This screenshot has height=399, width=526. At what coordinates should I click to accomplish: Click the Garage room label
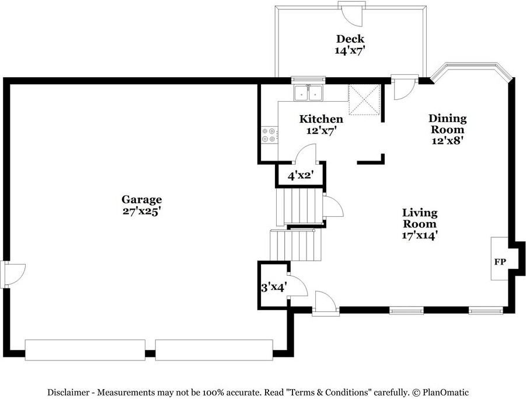[141, 200]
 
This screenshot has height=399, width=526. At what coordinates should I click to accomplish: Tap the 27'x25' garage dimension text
[141, 211]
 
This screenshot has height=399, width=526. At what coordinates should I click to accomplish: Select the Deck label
[350, 39]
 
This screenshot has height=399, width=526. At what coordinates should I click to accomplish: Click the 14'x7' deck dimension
[350, 51]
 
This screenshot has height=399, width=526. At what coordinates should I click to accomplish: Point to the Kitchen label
[321, 119]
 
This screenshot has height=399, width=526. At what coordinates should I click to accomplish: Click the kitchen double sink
[309, 93]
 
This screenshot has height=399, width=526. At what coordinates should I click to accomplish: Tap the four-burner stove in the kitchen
[269, 135]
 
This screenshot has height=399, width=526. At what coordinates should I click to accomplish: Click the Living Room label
[419, 218]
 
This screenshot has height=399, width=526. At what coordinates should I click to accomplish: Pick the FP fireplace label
[500, 262]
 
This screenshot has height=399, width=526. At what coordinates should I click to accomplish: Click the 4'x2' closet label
[300, 175]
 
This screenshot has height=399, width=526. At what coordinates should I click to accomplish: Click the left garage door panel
[85, 350]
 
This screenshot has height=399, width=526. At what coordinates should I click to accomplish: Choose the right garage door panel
[214, 350]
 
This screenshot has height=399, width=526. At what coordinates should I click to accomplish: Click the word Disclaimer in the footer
[70, 393]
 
